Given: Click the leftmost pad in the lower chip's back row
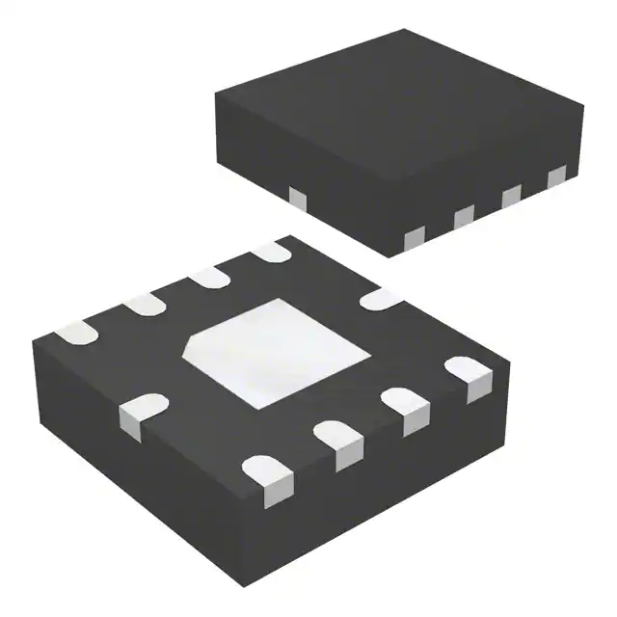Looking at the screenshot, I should (x=76, y=335).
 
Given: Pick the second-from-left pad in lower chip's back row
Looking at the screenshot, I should (x=143, y=306).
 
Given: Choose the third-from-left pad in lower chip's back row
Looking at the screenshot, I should (x=208, y=278).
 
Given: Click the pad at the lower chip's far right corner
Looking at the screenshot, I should (x=469, y=376).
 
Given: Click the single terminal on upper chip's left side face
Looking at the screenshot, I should (x=298, y=197).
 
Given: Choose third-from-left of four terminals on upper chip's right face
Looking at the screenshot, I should (x=511, y=196).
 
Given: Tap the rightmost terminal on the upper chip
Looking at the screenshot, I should (x=556, y=177).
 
